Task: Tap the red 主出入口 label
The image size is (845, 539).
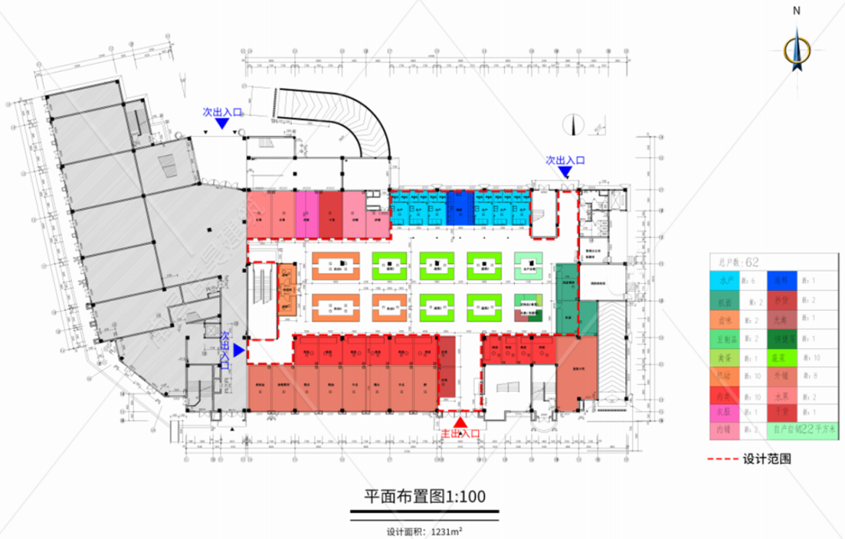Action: click(x=460, y=434)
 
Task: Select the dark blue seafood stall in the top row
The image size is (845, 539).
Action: click(x=459, y=209)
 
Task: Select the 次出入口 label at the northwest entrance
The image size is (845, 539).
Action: click(x=223, y=112)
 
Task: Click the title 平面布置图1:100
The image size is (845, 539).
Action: click(x=425, y=496)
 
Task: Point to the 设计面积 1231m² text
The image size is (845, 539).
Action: click(x=423, y=532)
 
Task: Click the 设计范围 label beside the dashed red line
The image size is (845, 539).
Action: click(x=766, y=458)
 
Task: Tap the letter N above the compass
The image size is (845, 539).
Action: click(x=796, y=11)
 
